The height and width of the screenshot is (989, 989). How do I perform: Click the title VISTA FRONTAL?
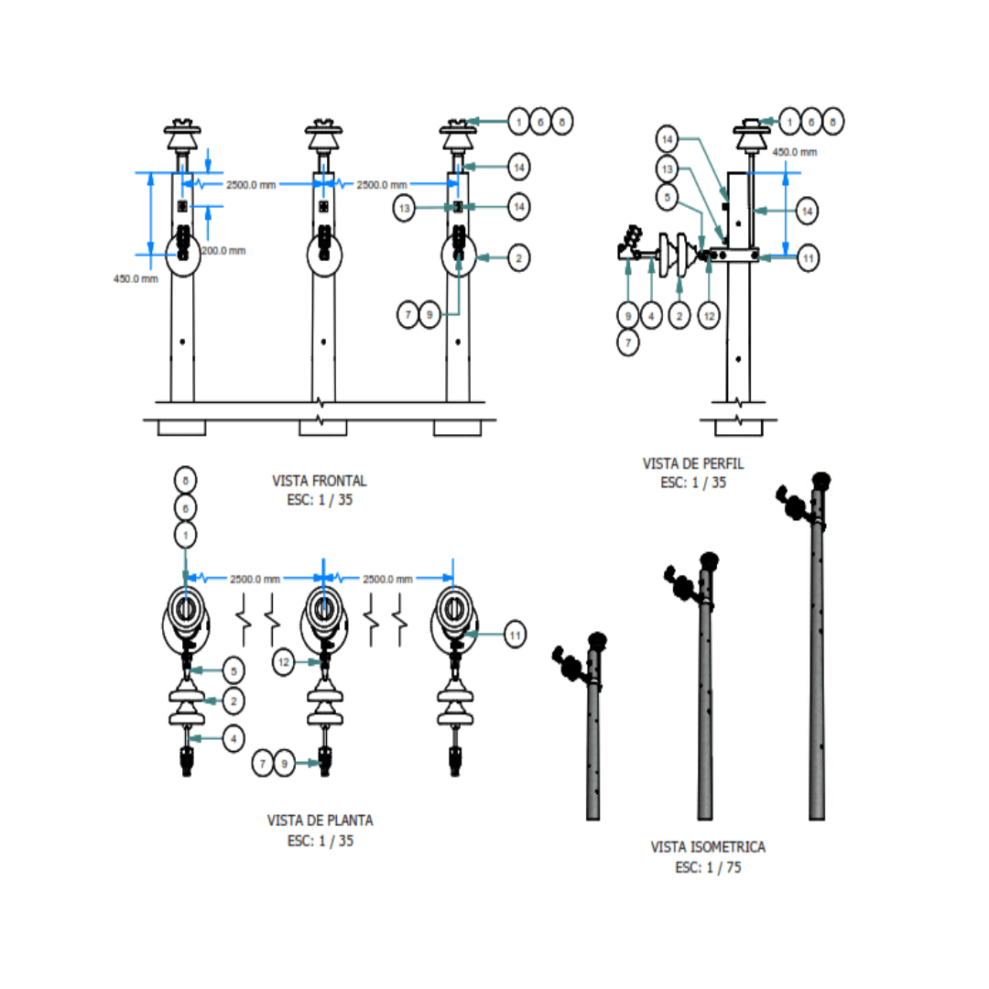pyautogui.click(x=320, y=480)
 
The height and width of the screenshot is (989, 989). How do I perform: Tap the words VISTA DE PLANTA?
pyautogui.click(x=320, y=821)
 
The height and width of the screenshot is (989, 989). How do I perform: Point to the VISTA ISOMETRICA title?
pyautogui.click(x=708, y=847)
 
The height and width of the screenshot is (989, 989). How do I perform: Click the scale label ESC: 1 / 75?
pyautogui.click(x=708, y=867)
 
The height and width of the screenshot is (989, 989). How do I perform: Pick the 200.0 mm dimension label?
pyautogui.click(x=223, y=250)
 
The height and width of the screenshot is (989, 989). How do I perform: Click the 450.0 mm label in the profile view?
pyautogui.click(x=795, y=152)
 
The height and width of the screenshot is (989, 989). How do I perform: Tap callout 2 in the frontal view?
pyautogui.click(x=518, y=259)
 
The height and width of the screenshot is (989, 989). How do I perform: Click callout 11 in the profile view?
pyautogui.click(x=807, y=258)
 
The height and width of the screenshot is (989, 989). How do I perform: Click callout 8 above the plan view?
pyautogui.click(x=186, y=480)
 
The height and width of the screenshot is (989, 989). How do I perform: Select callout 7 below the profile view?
pyautogui.click(x=627, y=342)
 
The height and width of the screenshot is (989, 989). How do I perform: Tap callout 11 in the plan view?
pyautogui.click(x=516, y=634)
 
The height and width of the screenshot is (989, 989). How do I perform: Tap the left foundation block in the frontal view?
pyautogui.click(x=181, y=428)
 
